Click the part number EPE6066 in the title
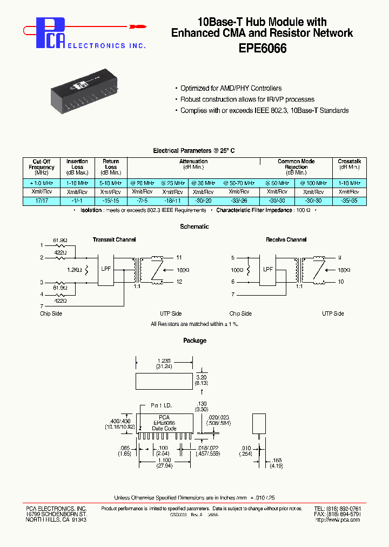click(263, 48)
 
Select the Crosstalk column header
click(349, 164)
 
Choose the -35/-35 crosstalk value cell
click(349, 200)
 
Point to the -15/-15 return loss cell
click(111, 200)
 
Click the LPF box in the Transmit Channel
click(106, 269)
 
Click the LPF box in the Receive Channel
click(268, 269)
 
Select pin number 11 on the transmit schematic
click(179, 257)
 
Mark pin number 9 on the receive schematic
click(340, 257)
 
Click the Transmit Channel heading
click(114, 239)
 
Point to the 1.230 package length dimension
click(164, 360)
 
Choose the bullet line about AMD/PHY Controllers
click(231, 88)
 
